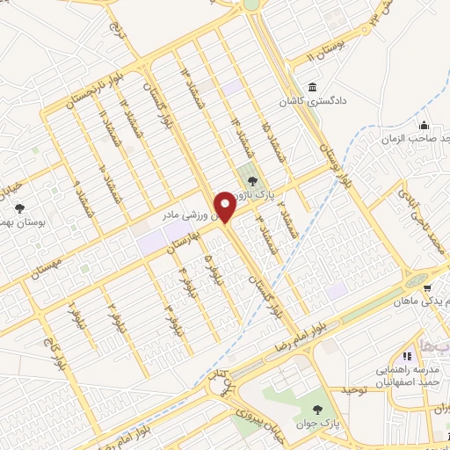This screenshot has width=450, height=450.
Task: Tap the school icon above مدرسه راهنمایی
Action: point(407,356)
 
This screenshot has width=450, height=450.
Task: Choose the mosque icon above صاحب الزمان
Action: point(424,124)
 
